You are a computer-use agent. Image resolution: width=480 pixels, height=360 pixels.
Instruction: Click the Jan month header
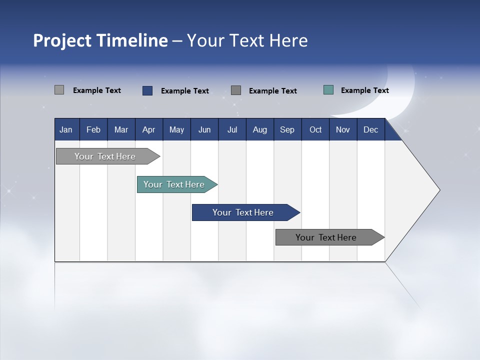(x=66, y=129)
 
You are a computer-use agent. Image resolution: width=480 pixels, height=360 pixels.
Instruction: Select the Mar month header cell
(x=121, y=129)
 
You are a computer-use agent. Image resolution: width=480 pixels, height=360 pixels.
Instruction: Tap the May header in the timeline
(x=176, y=129)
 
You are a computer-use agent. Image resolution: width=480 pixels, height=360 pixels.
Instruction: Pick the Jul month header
(x=232, y=129)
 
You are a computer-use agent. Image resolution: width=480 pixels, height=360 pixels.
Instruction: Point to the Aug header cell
(x=259, y=129)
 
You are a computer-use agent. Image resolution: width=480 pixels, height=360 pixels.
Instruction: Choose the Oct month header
(x=315, y=129)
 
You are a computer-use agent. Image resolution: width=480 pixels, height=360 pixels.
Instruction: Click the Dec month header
(x=370, y=129)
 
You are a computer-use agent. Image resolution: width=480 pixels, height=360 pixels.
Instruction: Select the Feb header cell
(x=93, y=129)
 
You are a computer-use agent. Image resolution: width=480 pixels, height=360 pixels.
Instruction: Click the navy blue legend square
(x=147, y=90)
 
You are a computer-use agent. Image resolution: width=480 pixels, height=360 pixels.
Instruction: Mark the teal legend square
(x=328, y=90)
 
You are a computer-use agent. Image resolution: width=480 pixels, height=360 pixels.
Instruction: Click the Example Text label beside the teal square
(x=364, y=90)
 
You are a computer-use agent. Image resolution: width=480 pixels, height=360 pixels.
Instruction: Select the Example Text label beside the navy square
(x=184, y=91)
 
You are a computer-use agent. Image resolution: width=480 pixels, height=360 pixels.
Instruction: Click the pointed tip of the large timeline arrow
(x=438, y=190)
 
